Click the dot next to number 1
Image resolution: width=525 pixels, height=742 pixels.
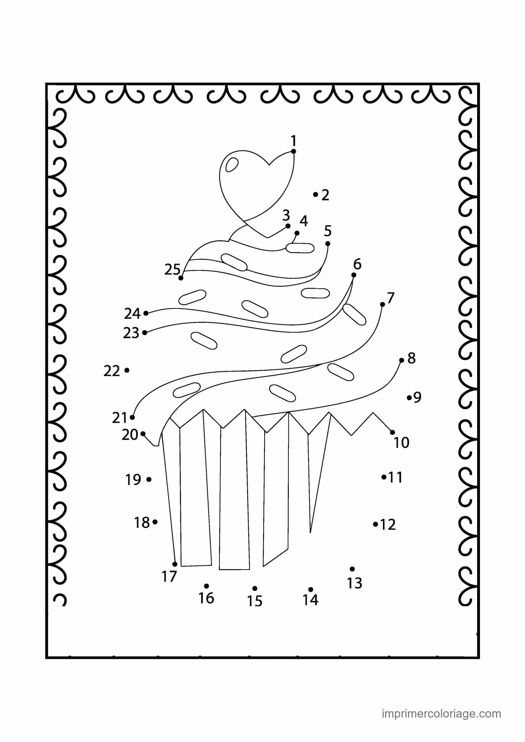click(294, 151)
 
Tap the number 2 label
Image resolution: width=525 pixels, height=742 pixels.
click(325, 195)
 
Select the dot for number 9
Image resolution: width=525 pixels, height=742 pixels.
click(409, 397)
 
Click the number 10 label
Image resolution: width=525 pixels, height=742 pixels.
click(402, 443)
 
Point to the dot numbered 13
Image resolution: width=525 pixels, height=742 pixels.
click(352, 569)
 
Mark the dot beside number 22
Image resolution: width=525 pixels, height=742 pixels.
click(127, 370)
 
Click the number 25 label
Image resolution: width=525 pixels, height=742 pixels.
click(172, 270)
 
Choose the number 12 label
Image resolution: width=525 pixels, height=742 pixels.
click(388, 524)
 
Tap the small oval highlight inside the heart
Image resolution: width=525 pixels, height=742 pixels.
click(232, 165)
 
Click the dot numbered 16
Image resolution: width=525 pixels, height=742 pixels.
click(207, 586)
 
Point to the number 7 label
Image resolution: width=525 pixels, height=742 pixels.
click(390, 298)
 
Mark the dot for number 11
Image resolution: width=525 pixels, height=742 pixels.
click(384, 477)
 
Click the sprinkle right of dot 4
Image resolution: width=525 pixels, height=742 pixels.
click(300, 248)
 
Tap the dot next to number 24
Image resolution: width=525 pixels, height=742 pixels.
click(146, 313)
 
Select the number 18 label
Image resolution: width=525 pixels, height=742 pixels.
click(142, 522)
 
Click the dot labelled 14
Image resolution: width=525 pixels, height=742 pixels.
click(311, 589)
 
